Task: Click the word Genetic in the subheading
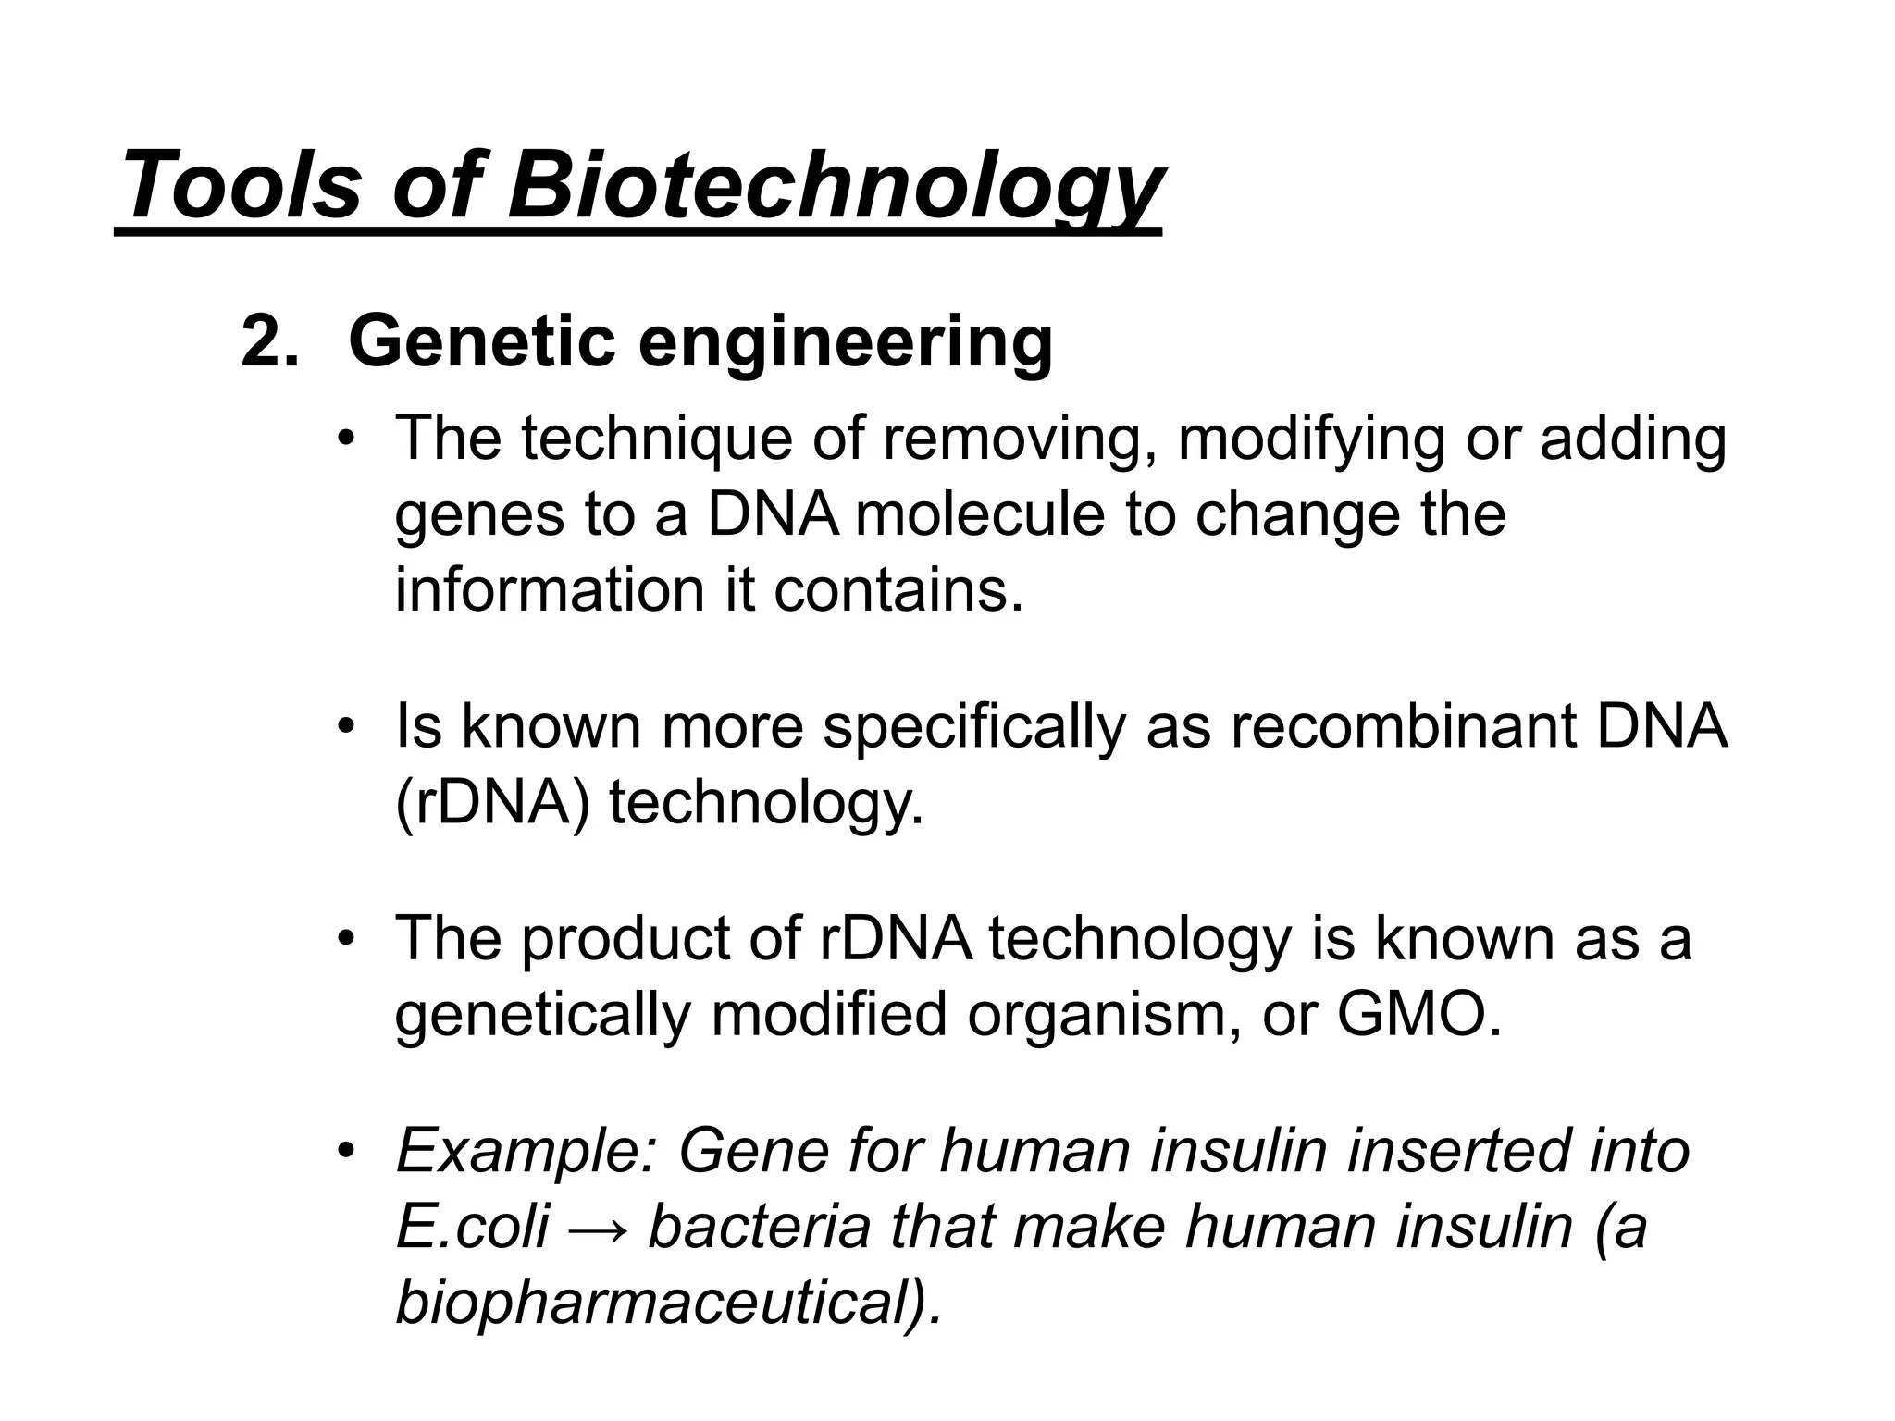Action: click(481, 342)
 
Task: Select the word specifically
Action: click(973, 726)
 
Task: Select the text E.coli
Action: click(472, 1228)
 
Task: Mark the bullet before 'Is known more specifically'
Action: click(347, 727)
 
